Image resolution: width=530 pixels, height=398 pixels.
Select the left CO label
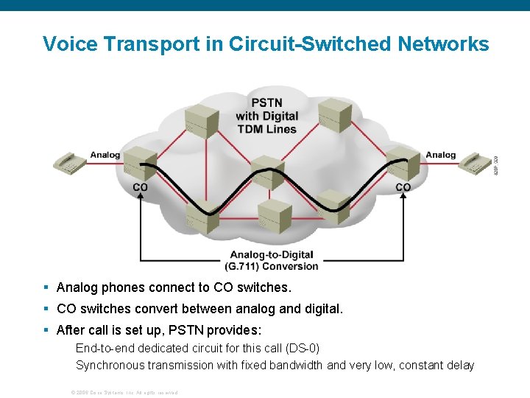[x=140, y=187]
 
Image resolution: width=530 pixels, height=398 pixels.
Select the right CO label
[x=403, y=187]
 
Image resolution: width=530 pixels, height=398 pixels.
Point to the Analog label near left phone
[x=105, y=155]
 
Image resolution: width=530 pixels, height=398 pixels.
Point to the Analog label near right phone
[x=440, y=155]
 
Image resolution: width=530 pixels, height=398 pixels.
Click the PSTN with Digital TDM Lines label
[x=266, y=116]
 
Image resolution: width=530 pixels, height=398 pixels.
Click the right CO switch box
[x=403, y=162]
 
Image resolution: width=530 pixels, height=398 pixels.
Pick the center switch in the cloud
[x=267, y=172]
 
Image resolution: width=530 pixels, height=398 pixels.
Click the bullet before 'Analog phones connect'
[x=46, y=287]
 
